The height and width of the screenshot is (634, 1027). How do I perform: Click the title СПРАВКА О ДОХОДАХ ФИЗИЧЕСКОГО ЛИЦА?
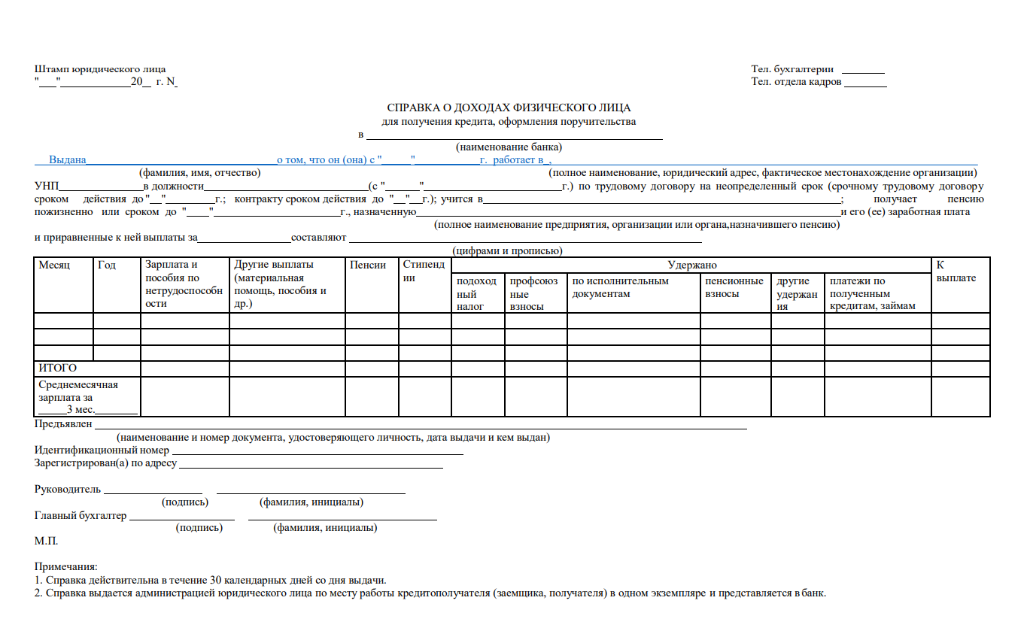509,108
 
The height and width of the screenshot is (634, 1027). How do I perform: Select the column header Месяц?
54,265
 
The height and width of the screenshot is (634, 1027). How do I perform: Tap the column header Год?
107,265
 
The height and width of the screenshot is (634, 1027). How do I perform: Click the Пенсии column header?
368,265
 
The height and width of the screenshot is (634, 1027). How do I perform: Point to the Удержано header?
692,265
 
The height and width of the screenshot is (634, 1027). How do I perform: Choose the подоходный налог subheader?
476,293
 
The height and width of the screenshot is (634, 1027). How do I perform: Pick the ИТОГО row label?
58,368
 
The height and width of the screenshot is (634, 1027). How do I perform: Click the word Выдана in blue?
68,160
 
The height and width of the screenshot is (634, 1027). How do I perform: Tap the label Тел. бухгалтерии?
792,69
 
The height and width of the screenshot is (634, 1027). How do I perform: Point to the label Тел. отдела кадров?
796,82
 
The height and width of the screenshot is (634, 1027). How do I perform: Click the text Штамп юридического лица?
100,69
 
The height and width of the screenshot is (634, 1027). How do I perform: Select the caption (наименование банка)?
509,147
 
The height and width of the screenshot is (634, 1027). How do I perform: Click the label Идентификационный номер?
102,450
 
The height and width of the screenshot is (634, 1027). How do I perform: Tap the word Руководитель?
68,489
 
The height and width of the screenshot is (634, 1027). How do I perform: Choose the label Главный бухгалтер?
81,515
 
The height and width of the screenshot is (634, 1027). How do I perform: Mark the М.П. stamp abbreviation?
46,541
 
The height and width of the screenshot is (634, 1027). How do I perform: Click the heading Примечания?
66,566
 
